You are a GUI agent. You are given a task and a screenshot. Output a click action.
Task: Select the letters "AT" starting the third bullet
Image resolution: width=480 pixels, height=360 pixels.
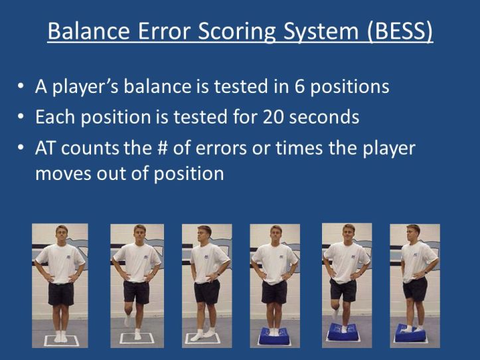pyautogui.click(x=45, y=147)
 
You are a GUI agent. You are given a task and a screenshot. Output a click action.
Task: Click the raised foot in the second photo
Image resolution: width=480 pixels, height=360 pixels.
pyautogui.click(x=127, y=320)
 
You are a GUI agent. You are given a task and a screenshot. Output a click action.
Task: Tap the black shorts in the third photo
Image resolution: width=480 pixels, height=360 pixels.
pyautogui.click(x=206, y=291)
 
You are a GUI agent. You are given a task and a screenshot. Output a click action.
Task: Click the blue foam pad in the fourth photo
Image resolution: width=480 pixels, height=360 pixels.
pyautogui.click(x=274, y=338)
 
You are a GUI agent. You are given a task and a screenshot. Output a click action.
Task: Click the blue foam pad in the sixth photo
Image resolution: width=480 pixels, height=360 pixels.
pyautogui.click(x=414, y=335)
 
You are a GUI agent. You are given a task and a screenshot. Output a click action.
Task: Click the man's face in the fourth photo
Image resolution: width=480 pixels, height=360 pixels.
pyautogui.click(x=275, y=236)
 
